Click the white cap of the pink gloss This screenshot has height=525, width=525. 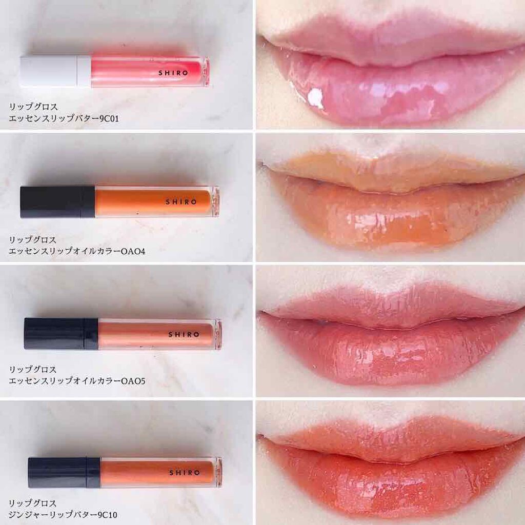point(55,71)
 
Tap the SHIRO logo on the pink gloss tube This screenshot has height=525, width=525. point(173,73)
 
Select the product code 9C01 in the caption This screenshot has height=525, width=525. point(109,118)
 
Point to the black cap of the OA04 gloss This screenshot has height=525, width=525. point(57,202)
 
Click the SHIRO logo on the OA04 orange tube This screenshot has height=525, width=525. point(181,202)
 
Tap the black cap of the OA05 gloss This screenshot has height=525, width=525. point(62,333)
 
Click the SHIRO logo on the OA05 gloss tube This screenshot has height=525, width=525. point(184,334)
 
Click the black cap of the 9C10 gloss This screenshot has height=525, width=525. point(64,472)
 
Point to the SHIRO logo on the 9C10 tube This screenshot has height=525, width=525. point(185,472)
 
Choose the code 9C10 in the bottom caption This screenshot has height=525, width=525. point(108,514)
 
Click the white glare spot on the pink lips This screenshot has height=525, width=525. point(315,97)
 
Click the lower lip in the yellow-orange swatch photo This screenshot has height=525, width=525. point(392,217)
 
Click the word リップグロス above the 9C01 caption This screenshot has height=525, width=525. point(33,107)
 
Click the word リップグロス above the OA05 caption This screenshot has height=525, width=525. point(33,369)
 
